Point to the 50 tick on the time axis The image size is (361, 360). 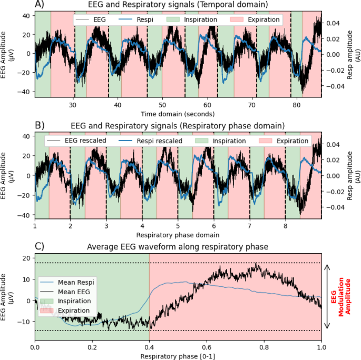[162, 105]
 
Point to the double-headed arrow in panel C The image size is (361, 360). [328, 297]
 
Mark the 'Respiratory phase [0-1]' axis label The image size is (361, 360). [178, 356]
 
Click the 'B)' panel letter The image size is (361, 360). [40, 126]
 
